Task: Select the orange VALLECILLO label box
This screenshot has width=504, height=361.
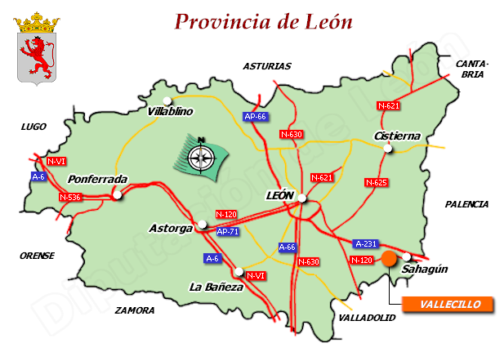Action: (447, 305)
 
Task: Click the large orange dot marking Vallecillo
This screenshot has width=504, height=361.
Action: (389, 259)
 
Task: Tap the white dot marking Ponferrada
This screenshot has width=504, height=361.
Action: (119, 195)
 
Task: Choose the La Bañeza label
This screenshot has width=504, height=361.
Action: (216, 287)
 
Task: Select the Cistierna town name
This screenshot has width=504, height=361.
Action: (396, 135)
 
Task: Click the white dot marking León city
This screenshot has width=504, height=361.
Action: (302, 198)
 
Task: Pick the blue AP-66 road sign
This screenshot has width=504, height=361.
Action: (256, 117)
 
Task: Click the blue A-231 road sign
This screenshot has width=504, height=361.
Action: (365, 243)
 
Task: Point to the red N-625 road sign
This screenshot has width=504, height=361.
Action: (376, 182)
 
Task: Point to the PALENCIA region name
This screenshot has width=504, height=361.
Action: (466, 204)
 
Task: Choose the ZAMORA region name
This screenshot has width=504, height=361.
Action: (135, 310)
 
